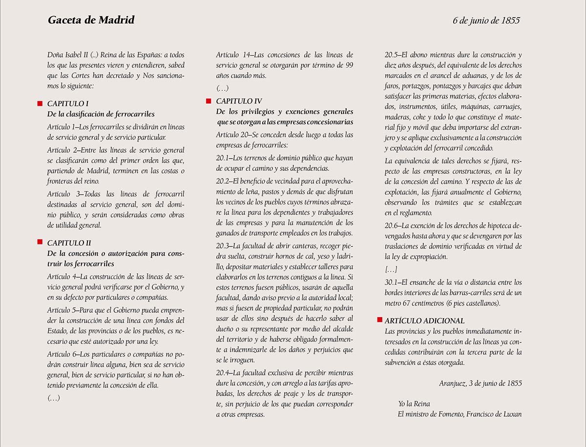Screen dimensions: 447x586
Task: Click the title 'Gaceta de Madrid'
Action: tap(91, 20)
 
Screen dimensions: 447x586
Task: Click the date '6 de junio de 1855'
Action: tap(486, 20)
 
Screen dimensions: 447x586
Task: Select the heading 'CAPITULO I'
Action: tap(68, 103)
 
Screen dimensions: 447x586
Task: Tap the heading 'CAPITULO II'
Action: tap(69, 243)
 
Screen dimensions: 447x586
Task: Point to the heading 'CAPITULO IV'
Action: tap(239, 101)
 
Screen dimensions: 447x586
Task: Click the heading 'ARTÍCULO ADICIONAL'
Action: tap(424, 321)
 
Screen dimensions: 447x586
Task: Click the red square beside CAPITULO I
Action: tap(40, 103)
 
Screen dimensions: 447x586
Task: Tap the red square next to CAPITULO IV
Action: tap(209, 101)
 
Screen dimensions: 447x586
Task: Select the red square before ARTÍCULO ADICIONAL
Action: tap(379, 321)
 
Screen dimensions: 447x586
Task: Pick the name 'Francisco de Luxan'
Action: tap(494, 414)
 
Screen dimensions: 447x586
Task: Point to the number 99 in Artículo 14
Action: tap(349, 65)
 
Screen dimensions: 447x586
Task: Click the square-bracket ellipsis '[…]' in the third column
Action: tap(391, 269)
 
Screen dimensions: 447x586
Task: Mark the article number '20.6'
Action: tap(392, 225)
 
